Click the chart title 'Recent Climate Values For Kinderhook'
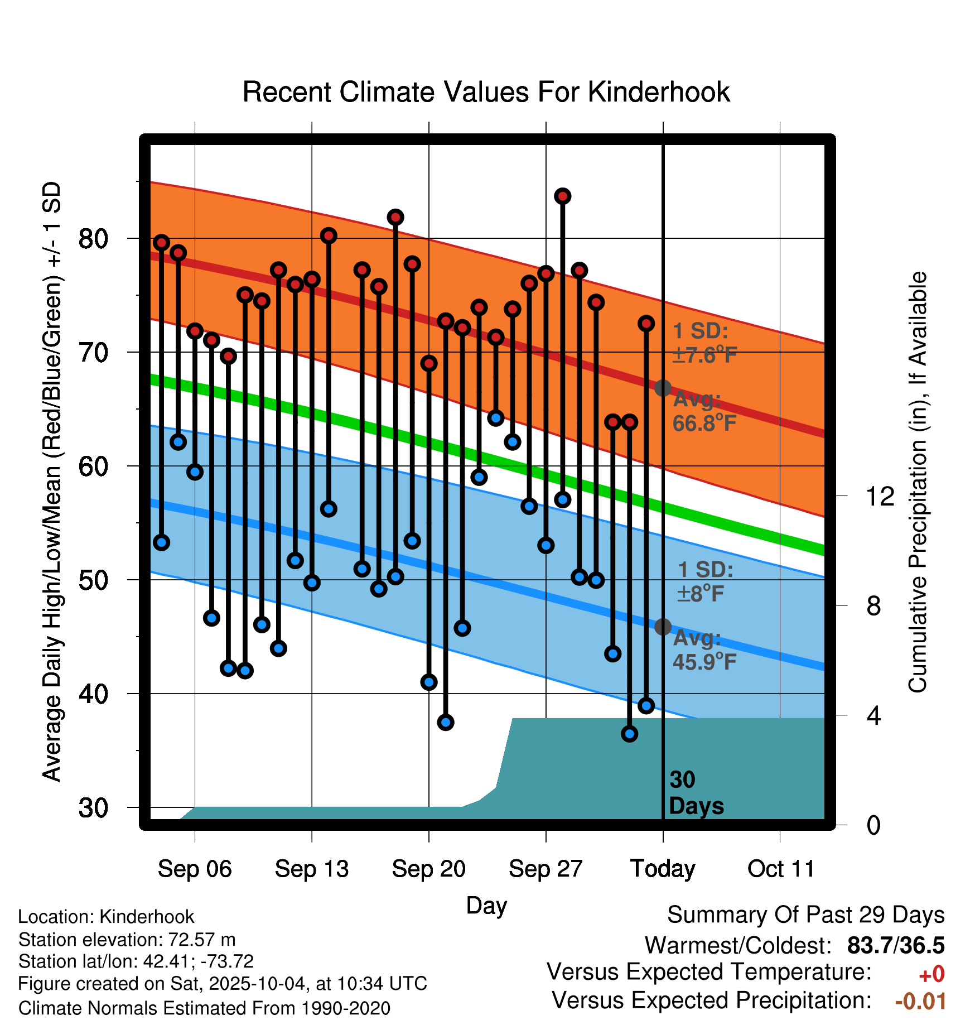[486, 93]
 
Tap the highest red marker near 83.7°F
[562, 196]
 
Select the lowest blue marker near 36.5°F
[629, 734]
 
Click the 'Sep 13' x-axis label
[311, 869]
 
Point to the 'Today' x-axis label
[663, 869]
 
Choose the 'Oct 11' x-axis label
[781, 869]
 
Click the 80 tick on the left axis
[93, 239]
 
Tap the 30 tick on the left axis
[93, 807]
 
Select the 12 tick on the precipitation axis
[880, 496]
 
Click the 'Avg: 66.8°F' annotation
[704, 412]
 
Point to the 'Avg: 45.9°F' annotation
[704, 650]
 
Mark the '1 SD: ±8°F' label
[705, 581]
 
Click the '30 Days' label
[695, 793]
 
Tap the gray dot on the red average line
[663, 388]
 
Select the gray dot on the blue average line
[663, 627]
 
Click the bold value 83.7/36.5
[895, 945]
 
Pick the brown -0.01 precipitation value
[920, 1001]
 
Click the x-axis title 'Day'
[486, 905]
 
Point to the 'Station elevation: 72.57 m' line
[127, 940]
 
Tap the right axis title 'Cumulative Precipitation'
[918, 483]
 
